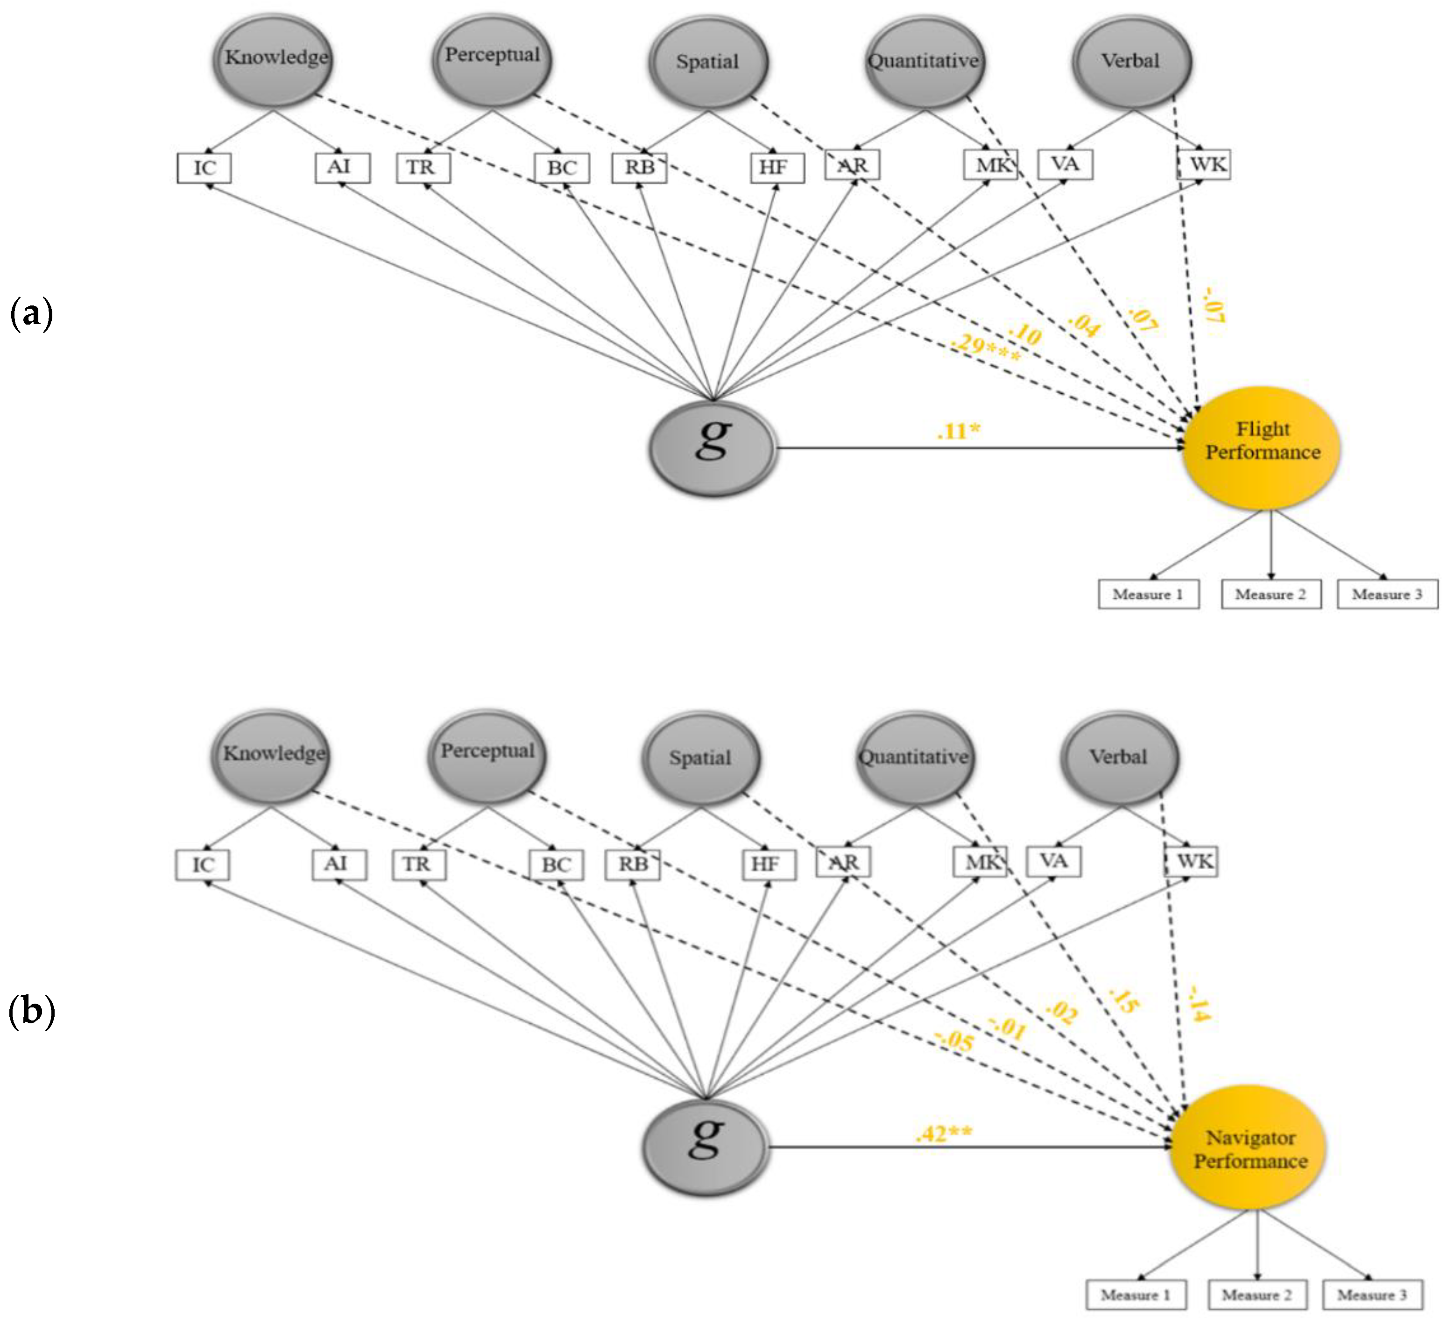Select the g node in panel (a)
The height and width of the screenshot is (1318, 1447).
[x=712, y=448]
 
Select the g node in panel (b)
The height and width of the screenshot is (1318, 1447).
[x=706, y=1147]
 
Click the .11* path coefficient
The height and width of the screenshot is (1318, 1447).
[x=958, y=431]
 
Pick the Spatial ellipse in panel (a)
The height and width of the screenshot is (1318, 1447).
[x=708, y=62]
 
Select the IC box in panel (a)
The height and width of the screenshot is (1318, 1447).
[x=205, y=168]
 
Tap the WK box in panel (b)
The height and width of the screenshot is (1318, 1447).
[x=1192, y=861]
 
